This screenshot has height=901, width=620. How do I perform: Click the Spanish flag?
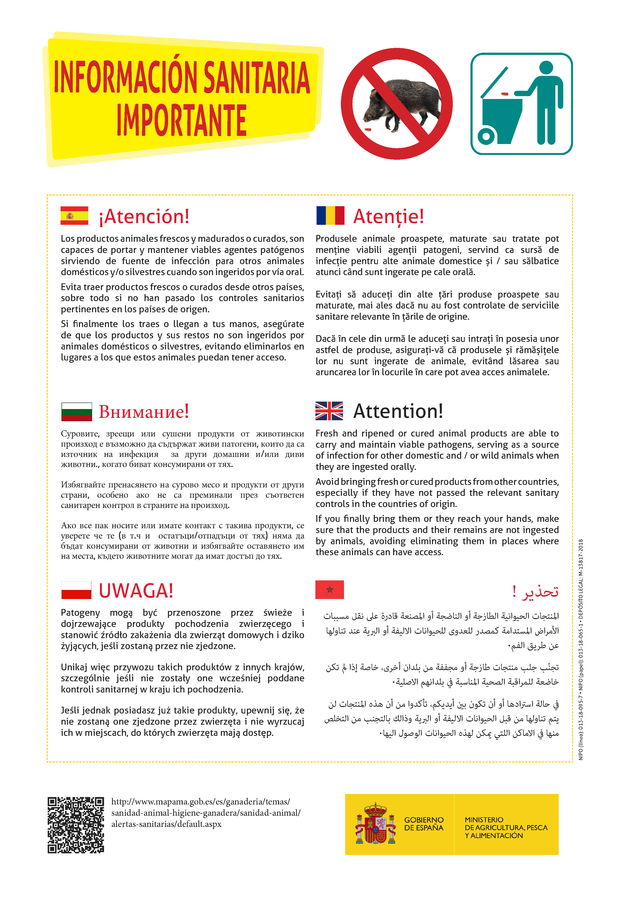coord(74,215)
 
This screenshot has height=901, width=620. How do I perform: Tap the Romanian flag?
coord(330,215)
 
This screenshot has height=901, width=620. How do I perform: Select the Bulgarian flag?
coord(77,411)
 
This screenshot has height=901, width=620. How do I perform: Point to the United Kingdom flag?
coord(329,411)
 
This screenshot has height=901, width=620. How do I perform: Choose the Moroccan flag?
coord(329,590)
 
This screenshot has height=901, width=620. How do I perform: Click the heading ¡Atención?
coord(144,217)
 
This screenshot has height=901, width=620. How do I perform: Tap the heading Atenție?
coord(388,217)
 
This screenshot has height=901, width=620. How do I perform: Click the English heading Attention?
coord(398,411)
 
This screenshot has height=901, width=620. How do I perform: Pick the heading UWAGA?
coord(136,591)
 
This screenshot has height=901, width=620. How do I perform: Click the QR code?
coord(76,825)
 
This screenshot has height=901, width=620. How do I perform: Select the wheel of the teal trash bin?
coord(485,136)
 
